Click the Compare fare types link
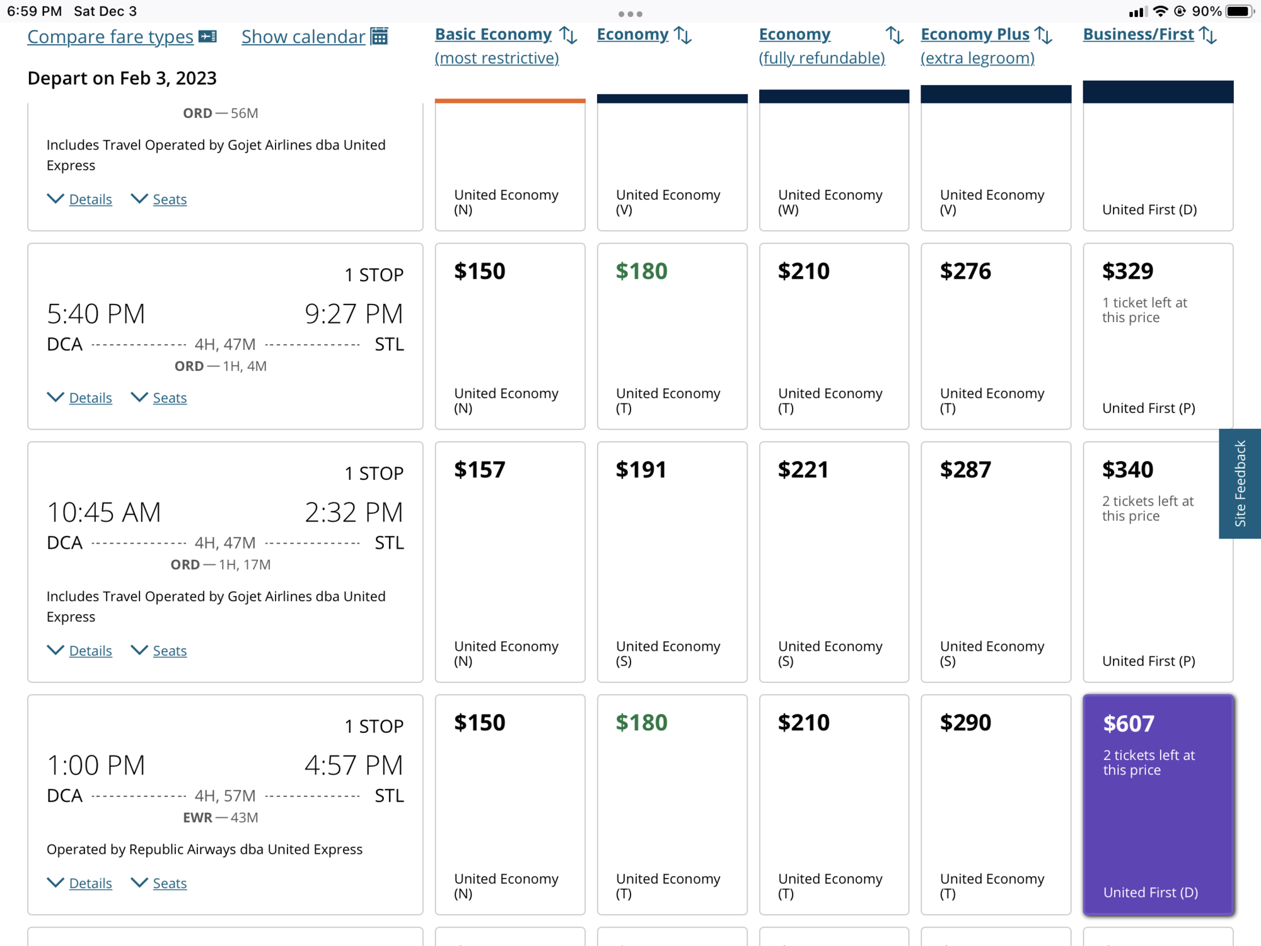tap(110, 37)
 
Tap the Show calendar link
tap(303, 37)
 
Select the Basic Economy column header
tap(493, 35)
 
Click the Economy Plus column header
tap(975, 35)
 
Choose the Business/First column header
tap(1138, 35)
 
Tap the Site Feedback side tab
tap(1240, 484)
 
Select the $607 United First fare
tap(1158, 805)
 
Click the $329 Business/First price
tap(1127, 271)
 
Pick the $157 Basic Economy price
tap(480, 470)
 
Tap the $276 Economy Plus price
tap(965, 271)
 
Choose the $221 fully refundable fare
tap(803, 470)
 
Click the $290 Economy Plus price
tap(965, 723)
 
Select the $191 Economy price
tap(641, 470)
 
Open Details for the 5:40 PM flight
tap(90, 398)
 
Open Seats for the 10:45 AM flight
tap(170, 651)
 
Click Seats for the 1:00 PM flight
tap(170, 884)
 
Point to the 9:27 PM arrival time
tap(354, 313)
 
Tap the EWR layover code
tap(197, 818)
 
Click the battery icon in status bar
tap(1239, 11)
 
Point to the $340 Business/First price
tap(1127, 470)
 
